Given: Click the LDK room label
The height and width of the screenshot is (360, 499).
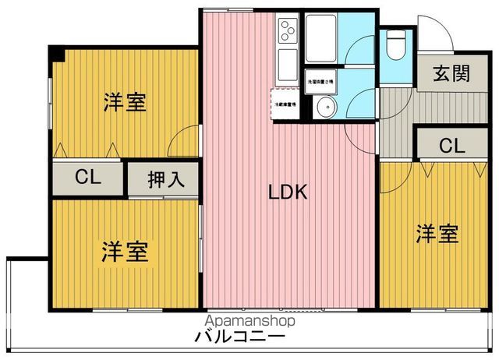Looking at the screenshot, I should click(288, 192).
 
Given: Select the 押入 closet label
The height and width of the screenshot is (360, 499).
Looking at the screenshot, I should click(165, 179).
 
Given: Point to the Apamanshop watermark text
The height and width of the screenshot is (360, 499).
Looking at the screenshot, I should click(249, 321).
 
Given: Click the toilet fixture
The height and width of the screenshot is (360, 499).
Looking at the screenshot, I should click(395, 49).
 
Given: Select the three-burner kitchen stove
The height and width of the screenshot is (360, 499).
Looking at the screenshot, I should click(287, 31).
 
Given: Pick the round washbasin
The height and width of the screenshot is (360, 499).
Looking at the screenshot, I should click(327, 108).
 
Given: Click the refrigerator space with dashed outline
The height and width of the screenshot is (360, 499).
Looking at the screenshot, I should click(283, 102).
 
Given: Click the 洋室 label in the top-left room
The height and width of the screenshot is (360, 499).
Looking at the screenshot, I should click(125, 102).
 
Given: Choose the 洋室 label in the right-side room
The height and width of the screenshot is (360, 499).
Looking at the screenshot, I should click(436, 233).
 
